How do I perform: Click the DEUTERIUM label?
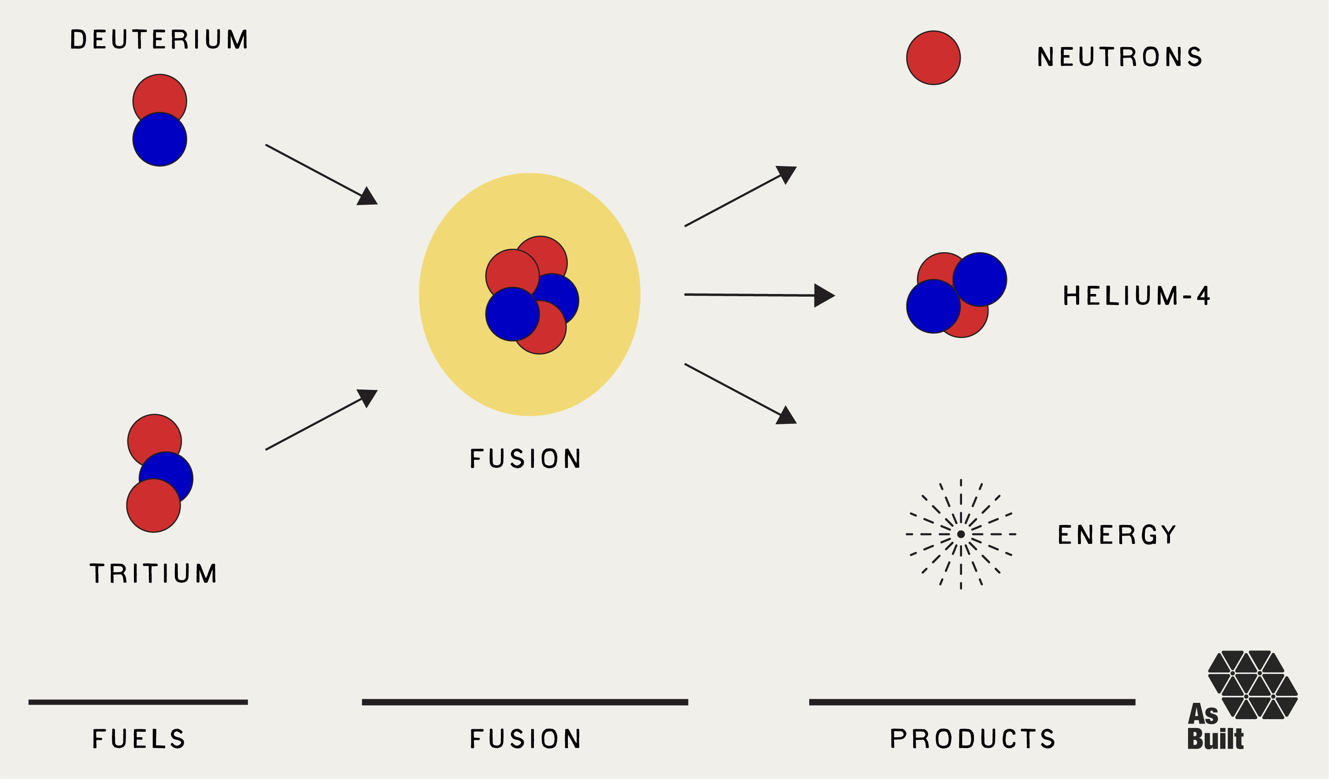coord(159,40)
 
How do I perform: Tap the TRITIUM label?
coord(153,573)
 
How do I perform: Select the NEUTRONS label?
coord(1120,57)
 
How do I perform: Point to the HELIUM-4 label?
coord(1136,295)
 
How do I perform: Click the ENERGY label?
coord(1117,534)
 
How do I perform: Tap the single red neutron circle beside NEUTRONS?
coord(933,58)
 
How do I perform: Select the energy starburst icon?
coord(961,534)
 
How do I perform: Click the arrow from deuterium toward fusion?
coord(322,174)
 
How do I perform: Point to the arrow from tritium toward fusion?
coord(322,419)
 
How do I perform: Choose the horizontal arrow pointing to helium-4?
coord(759,295)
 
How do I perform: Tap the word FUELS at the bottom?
coord(139,739)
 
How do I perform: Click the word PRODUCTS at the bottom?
coord(973,739)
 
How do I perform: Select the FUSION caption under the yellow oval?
coord(525,458)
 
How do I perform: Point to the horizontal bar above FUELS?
coord(138,702)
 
